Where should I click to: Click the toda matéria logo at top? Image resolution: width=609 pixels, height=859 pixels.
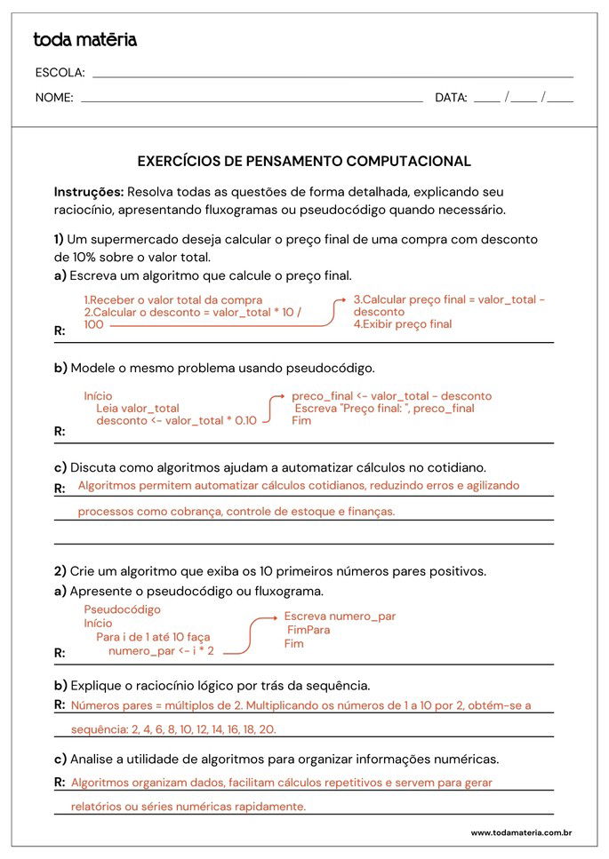84,40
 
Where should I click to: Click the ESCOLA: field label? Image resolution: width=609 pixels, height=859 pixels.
60,73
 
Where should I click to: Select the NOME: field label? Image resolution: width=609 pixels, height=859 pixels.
54,99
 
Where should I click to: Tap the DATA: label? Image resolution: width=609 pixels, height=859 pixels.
451,99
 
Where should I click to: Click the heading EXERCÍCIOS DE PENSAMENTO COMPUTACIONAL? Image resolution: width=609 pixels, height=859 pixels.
304,162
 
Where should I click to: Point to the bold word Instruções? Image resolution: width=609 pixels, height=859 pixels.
89,192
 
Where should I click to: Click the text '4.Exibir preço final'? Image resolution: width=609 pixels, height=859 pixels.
403,324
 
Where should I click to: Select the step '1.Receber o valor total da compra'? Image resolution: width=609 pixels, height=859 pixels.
173,300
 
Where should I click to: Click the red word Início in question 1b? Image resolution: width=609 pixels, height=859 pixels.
98,396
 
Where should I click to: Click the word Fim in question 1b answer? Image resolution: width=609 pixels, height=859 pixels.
301,421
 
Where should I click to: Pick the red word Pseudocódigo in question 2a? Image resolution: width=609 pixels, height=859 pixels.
123,610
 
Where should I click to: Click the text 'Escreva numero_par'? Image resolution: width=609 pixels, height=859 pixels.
340,616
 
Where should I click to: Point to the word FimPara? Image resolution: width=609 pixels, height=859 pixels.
309,630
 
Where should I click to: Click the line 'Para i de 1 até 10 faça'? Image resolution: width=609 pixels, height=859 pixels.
153,638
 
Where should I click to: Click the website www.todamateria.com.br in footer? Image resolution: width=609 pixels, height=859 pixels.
520,833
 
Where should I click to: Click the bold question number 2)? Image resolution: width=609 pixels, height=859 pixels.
60,570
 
